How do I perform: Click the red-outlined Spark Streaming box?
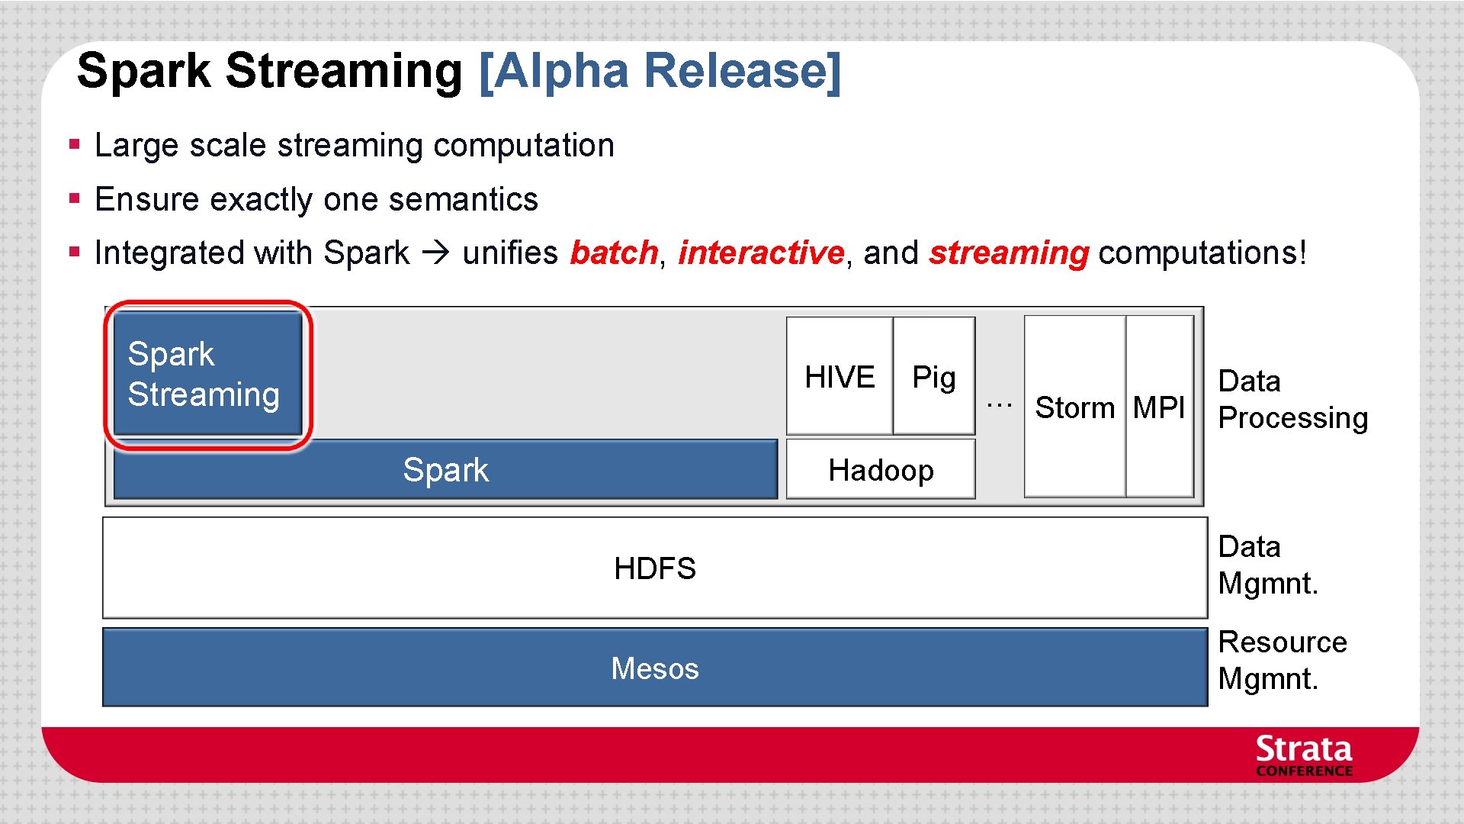click(207, 374)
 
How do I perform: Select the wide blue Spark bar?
click(445, 470)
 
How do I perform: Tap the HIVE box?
click(840, 377)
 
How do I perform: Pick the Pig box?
click(934, 377)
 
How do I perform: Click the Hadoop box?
click(881, 470)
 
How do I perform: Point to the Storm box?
click(1074, 407)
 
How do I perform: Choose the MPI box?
click(1159, 407)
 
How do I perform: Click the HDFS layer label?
click(654, 568)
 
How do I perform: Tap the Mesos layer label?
click(654, 668)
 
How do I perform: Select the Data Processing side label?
click(1292, 399)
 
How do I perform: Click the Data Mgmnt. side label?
click(1267, 565)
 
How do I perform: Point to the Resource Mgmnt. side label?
click(1282, 660)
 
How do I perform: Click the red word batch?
click(614, 253)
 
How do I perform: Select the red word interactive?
click(760, 253)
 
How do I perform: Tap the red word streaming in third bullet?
click(1008, 253)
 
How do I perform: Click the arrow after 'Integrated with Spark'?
click(436, 253)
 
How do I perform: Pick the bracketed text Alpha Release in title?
click(660, 71)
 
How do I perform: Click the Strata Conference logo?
click(1304, 755)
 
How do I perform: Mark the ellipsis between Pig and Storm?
click(999, 404)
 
